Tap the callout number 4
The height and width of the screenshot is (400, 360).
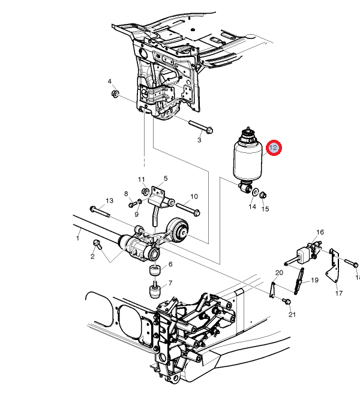click(110, 82)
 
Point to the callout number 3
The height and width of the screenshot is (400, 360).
click(199, 140)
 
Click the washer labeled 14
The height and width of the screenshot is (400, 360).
click(255, 193)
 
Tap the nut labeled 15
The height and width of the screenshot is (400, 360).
click(264, 194)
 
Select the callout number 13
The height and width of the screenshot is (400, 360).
click(109, 200)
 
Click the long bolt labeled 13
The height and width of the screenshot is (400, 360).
click(100, 210)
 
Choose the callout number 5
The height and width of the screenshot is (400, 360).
click(165, 178)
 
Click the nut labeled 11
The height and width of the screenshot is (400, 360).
click(145, 191)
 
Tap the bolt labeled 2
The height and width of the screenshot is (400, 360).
click(97, 244)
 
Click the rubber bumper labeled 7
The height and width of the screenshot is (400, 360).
click(154, 293)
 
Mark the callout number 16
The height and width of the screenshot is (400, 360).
click(320, 232)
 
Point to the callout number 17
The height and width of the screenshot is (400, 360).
click(339, 293)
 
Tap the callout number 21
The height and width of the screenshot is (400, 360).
click(292, 314)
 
